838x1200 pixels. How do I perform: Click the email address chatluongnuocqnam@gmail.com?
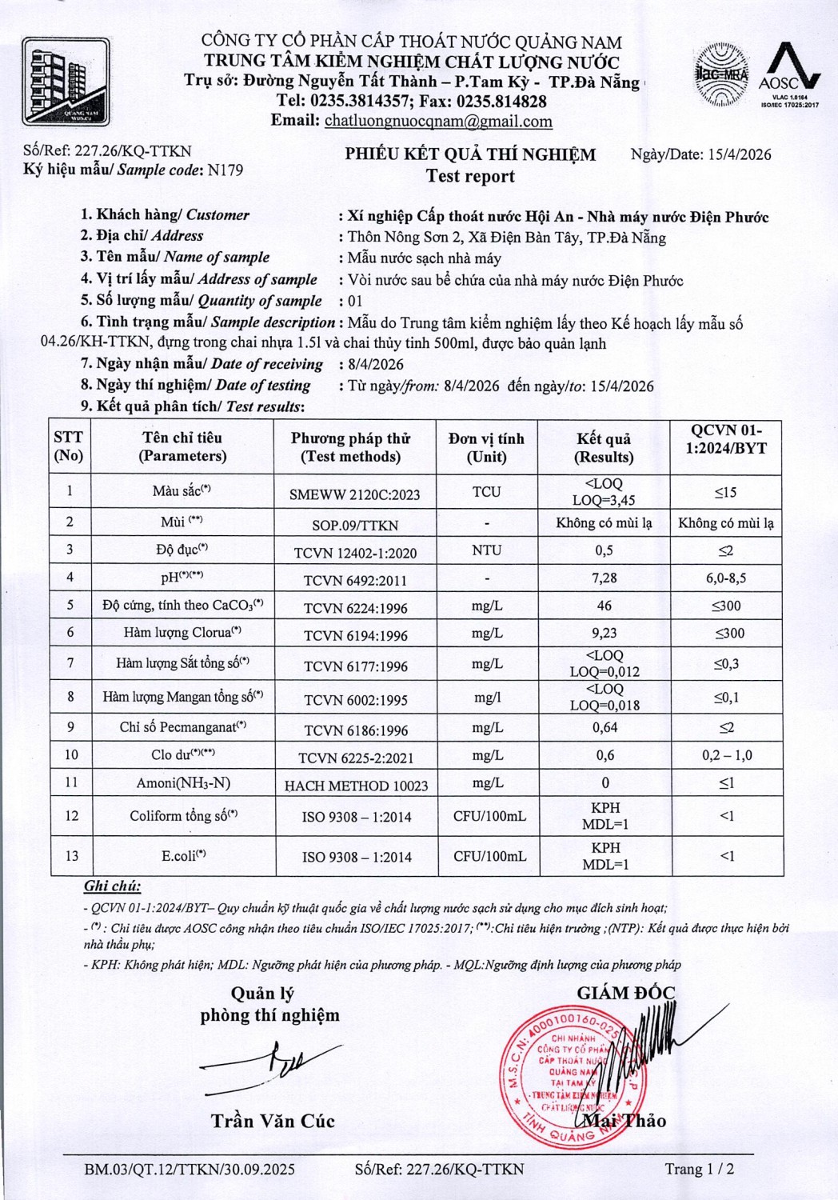point(438,122)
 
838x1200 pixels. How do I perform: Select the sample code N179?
point(225,170)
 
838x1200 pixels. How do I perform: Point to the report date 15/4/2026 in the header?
point(740,154)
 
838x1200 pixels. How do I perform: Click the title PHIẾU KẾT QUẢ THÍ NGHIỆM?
point(470,154)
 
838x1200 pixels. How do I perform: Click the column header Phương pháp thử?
point(350,447)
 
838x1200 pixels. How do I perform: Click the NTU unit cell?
point(486,550)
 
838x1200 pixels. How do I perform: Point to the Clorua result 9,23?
point(604,633)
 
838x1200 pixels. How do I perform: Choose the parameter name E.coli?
point(183,856)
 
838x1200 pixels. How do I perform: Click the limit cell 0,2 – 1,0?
point(726,755)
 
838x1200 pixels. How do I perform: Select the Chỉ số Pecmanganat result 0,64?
point(605,727)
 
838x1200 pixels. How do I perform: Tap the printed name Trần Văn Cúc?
point(273,1121)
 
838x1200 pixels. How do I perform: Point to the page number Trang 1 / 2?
point(700,1169)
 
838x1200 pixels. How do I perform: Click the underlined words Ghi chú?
point(112,886)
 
